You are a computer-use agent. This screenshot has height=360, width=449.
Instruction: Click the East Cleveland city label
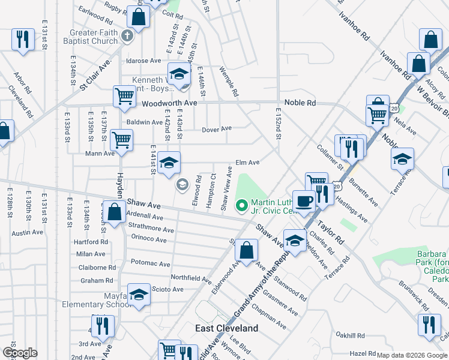point(227,328)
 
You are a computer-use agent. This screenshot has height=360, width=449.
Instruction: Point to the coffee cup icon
point(304,200)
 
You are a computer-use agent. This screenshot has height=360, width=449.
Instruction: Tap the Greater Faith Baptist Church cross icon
point(127,36)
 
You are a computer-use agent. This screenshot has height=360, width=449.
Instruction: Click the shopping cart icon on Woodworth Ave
point(124,95)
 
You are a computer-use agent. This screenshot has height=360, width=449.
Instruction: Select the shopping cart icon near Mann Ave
point(121,139)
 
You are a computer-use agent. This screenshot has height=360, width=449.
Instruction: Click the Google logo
point(19,353)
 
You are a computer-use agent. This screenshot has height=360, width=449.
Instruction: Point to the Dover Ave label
point(217,129)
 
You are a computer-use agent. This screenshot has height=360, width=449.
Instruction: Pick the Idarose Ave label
point(143,61)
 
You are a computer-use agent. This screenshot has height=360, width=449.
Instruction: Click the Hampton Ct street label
point(210,191)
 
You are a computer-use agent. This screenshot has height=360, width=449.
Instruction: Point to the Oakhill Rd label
point(351,335)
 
